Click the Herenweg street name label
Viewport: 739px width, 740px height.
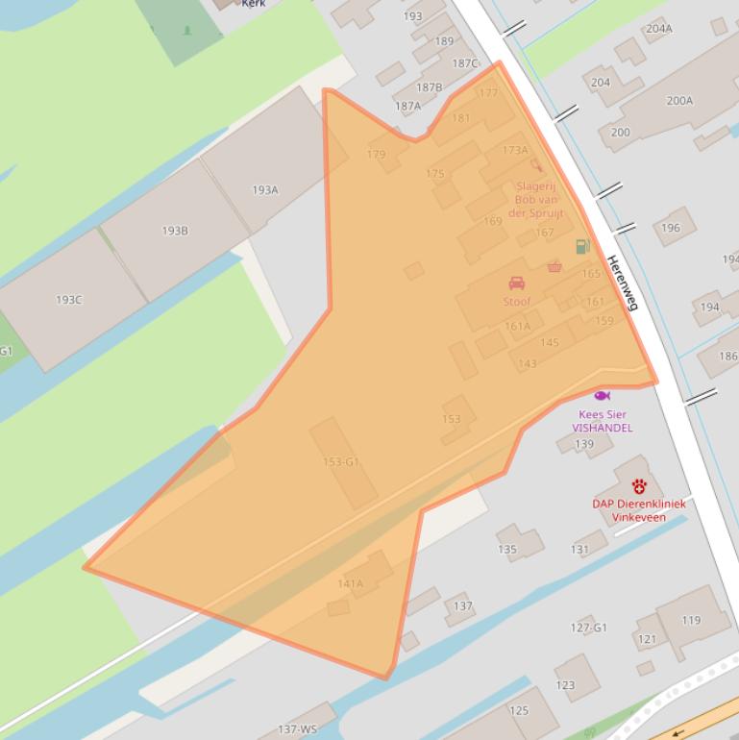click(x=623, y=283)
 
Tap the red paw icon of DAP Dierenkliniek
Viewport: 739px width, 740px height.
click(x=639, y=486)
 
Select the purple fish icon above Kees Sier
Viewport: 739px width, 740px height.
click(x=603, y=396)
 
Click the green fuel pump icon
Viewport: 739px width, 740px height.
click(x=582, y=247)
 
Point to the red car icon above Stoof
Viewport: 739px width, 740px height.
click(x=516, y=284)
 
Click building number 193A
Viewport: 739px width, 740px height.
click(x=265, y=190)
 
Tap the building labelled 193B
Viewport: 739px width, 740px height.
click(x=175, y=231)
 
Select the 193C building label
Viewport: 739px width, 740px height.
click(x=68, y=300)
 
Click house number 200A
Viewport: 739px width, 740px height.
click(x=679, y=100)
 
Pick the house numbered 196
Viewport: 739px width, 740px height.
click(x=671, y=228)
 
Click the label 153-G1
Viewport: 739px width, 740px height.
click(x=341, y=462)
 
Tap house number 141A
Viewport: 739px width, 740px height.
click(x=351, y=583)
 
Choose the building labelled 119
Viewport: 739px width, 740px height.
click(x=691, y=621)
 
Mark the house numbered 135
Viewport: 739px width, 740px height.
click(x=507, y=550)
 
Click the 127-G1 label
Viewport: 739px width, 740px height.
click(x=588, y=628)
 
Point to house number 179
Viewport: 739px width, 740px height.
click(x=376, y=155)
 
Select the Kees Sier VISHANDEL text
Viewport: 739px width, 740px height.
click(x=603, y=421)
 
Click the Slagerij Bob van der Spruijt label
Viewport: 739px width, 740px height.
click(x=536, y=200)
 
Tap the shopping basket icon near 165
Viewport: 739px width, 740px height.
click(x=554, y=266)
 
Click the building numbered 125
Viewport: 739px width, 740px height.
click(x=519, y=711)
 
